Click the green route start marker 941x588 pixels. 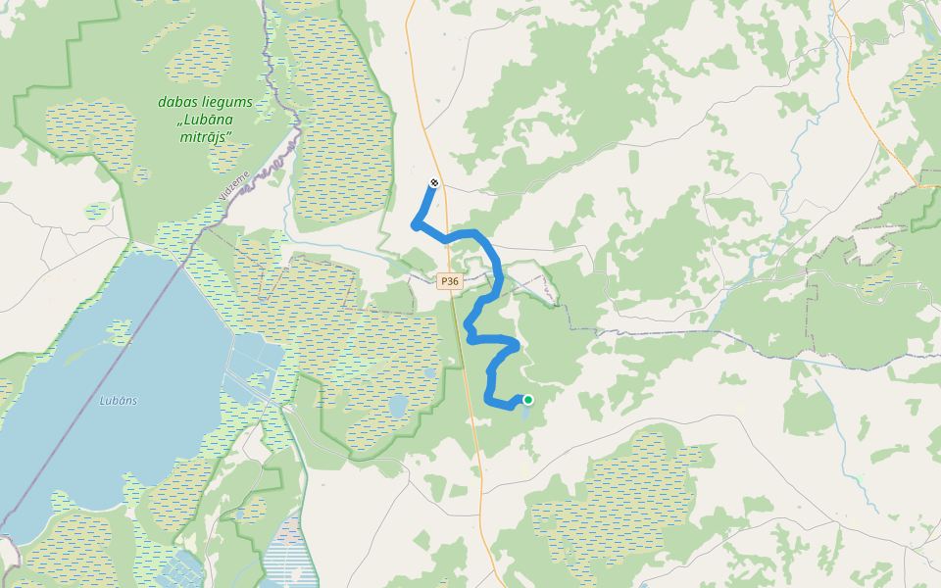coord(528,399)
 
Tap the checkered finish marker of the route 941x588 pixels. coord(434,183)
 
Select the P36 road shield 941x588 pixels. coord(449,281)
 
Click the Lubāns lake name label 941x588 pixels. coord(118,400)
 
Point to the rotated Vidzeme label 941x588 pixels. coord(236,183)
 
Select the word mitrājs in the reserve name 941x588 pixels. coord(206,137)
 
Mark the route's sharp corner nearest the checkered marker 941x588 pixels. coord(417,225)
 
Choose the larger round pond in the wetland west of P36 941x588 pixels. coord(398,406)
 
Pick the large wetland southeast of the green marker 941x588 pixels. coord(627,500)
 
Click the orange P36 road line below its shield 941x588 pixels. coord(470,392)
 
